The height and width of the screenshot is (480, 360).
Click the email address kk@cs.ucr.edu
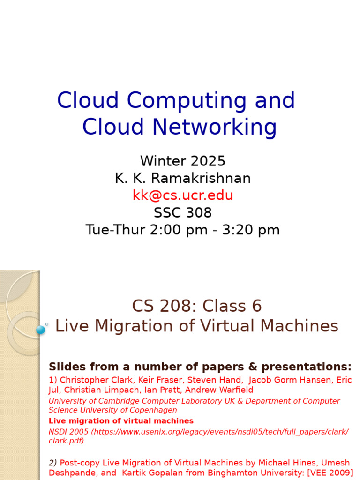(183, 195)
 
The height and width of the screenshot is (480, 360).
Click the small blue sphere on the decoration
(41, 330)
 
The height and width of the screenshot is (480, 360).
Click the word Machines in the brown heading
(296, 326)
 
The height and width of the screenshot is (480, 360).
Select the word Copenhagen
(152, 410)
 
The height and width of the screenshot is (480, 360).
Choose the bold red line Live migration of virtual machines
(121, 421)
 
